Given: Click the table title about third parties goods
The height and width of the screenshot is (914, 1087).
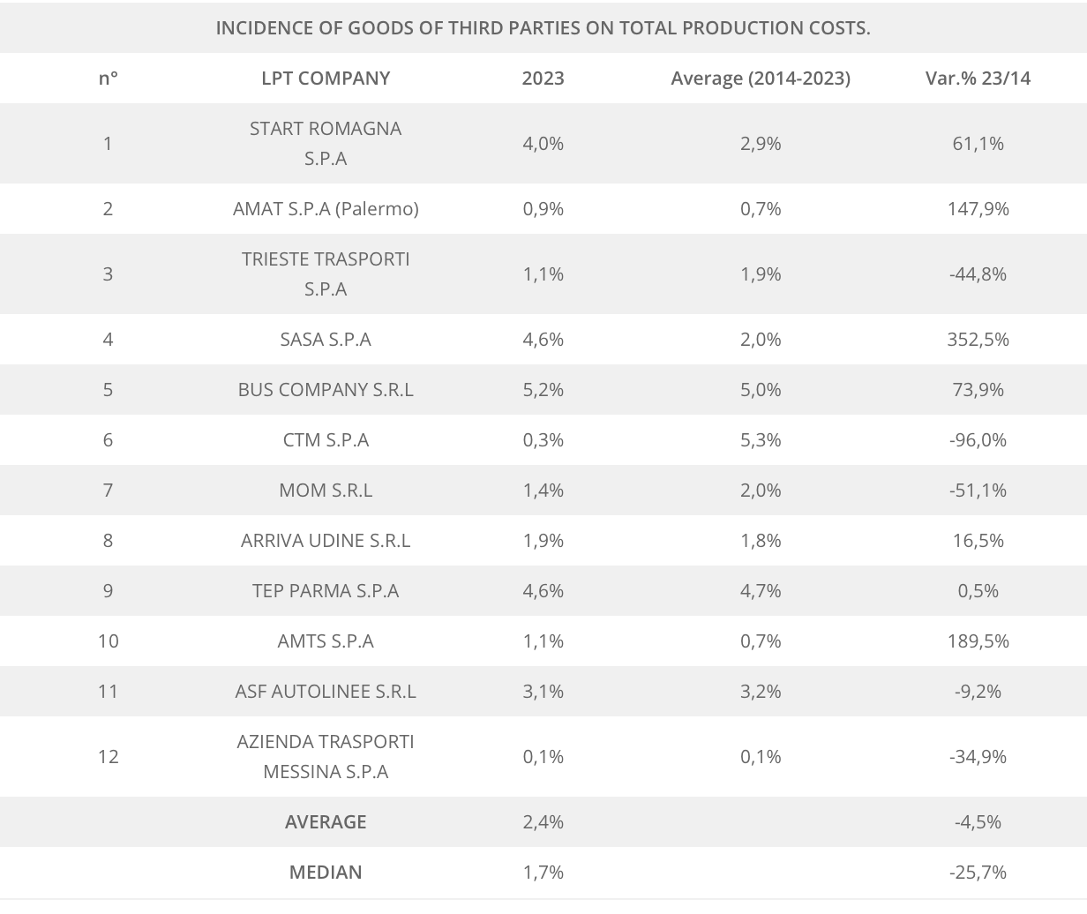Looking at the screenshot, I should [543, 27].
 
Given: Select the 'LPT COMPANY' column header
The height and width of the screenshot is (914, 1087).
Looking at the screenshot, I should [326, 78].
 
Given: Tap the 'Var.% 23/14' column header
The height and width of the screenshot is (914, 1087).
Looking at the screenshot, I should [978, 78].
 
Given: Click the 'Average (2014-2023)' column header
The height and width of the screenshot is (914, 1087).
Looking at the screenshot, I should [761, 78].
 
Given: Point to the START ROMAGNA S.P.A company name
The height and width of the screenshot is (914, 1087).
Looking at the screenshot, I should [326, 143].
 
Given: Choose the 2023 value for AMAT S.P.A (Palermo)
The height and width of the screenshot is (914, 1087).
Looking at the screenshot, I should [543, 208].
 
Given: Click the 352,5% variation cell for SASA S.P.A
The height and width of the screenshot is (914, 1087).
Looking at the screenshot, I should [978, 339].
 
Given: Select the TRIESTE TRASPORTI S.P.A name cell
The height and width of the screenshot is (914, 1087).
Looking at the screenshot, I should [326, 273].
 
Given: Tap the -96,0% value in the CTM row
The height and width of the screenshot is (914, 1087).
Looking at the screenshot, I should [978, 439].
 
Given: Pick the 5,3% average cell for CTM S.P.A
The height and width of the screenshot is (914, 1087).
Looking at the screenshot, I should [761, 439].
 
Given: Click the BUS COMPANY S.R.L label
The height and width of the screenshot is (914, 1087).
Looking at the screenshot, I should [326, 389].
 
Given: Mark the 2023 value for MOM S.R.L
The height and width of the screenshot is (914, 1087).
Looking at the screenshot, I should [543, 490].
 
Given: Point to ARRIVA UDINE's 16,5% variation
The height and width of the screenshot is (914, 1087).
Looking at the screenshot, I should [978, 540].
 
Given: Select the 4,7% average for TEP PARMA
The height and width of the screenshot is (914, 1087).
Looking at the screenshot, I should [761, 590].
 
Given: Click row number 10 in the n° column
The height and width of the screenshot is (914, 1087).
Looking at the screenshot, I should [108, 641].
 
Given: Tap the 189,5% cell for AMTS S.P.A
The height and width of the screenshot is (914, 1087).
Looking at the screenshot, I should [978, 641].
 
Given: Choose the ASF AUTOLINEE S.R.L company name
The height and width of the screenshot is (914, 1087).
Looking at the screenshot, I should [326, 691].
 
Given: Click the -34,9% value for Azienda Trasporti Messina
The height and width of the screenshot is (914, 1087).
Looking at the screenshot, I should [978, 756].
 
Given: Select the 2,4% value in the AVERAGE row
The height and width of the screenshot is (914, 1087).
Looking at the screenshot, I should [543, 821].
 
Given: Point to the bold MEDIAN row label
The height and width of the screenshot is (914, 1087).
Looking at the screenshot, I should [326, 872].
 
